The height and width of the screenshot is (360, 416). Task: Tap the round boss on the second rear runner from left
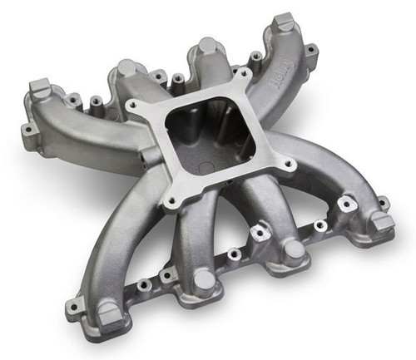click(126, 68)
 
